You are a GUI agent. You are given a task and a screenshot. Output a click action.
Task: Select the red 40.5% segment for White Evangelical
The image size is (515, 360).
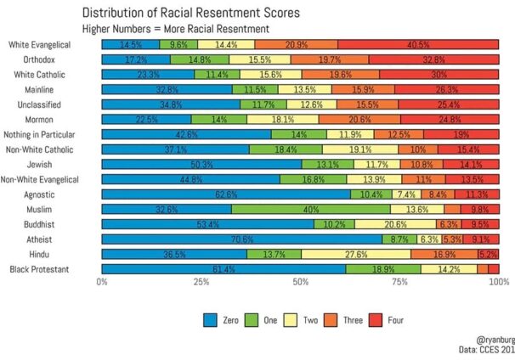pos(418,44)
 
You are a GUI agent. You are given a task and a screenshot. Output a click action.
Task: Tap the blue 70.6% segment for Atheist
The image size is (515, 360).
pos(241,239)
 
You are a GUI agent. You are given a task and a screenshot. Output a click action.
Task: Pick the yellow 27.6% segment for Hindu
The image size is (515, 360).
pos(356,254)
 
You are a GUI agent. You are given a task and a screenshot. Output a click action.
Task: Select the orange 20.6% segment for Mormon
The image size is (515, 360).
pos(359,119)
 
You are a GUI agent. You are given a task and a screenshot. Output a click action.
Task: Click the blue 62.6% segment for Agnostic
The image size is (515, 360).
pos(226,194)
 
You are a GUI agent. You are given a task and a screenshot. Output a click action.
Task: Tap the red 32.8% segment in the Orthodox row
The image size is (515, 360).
pos(433,59)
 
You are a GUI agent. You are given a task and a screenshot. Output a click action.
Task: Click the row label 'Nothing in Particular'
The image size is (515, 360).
pos(53,134)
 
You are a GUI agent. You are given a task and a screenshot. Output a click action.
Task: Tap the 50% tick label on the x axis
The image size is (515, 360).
pos(301,281)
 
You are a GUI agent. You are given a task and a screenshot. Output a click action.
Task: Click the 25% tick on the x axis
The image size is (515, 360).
pos(201,281)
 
